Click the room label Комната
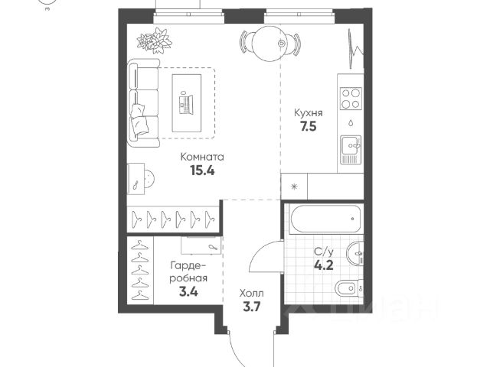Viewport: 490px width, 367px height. click(x=202, y=157)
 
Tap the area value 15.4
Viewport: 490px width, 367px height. click(x=202, y=171)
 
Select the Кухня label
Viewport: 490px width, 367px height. click(x=309, y=113)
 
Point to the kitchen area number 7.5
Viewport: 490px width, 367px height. click(x=309, y=126)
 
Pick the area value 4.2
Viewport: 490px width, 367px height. click(x=324, y=265)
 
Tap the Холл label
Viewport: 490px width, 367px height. click(x=252, y=294)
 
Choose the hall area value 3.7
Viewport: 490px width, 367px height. click(x=252, y=307)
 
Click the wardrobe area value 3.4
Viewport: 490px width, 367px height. click(x=188, y=292)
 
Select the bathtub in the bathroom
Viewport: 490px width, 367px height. click(x=325, y=219)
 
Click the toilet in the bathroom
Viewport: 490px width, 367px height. click(x=348, y=287)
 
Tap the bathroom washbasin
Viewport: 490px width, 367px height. click(x=354, y=253)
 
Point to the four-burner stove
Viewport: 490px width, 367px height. click(x=351, y=98)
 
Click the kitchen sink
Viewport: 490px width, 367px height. click(x=351, y=150)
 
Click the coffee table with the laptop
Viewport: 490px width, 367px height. click(x=187, y=102)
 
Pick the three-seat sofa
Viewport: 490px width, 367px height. click(x=143, y=103)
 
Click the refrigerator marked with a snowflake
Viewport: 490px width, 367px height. click(x=294, y=187)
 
